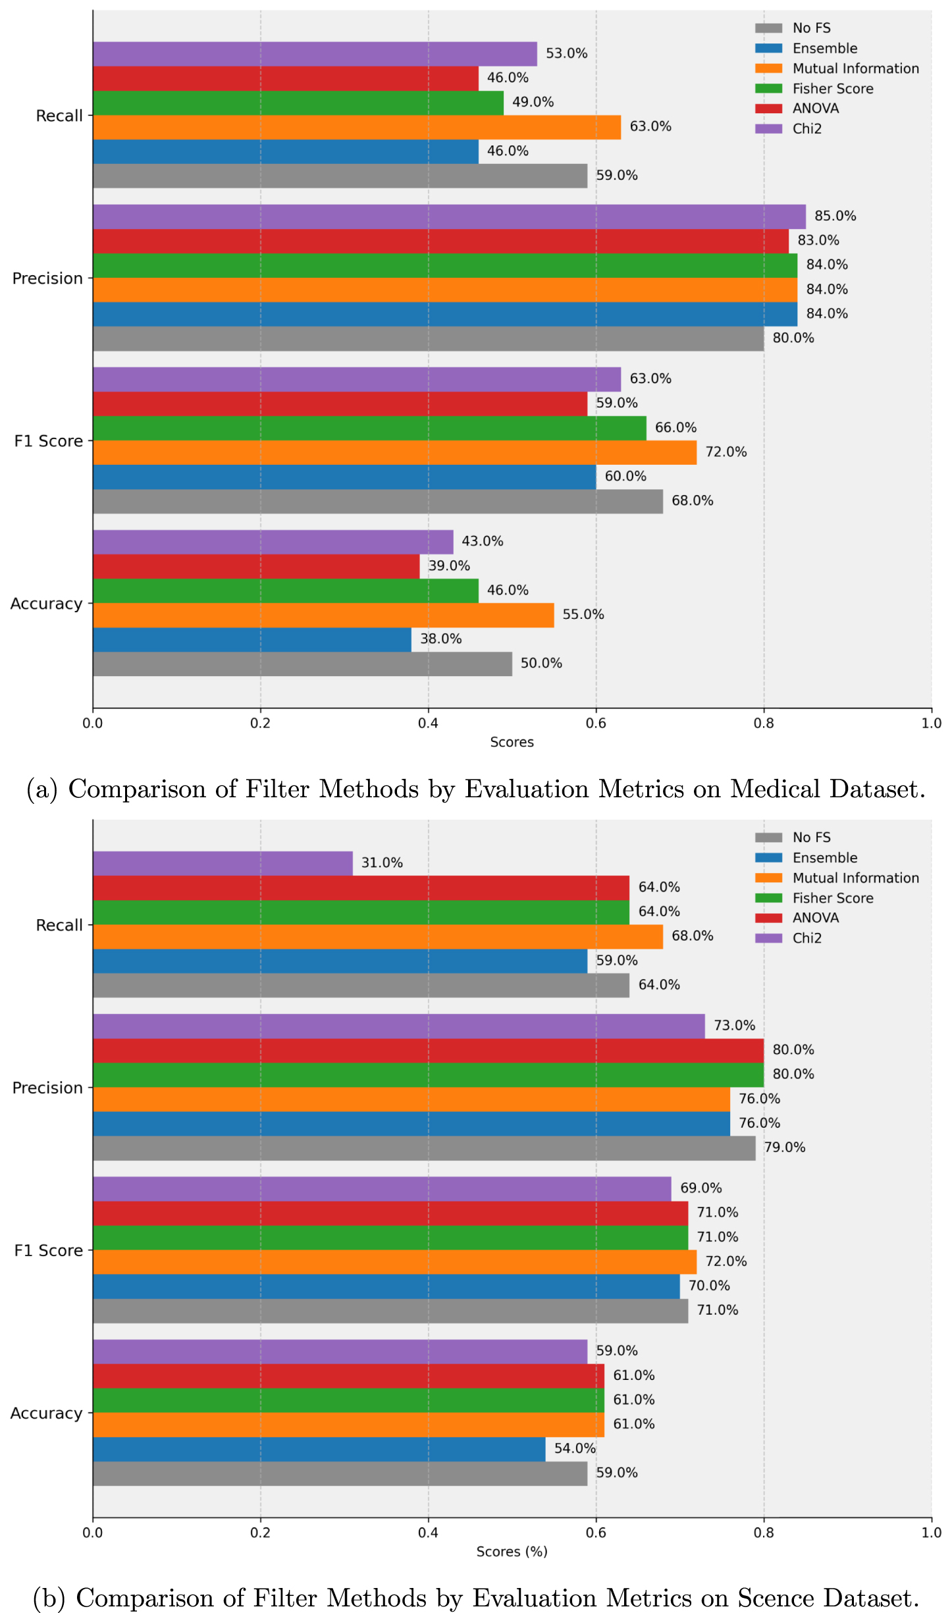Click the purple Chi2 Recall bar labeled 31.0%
tap(223, 863)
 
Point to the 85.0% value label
tap(835, 216)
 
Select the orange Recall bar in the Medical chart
tap(357, 127)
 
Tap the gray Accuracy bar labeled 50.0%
tap(302, 664)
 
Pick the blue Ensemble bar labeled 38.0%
tap(252, 639)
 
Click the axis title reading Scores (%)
tap(512, 1552)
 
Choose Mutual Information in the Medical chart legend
tap(855, 68)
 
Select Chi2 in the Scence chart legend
tap(807, 938)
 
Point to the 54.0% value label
tap(575, 1448)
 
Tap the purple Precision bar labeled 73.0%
tap(399, 1026)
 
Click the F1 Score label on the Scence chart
tap(49, 1250)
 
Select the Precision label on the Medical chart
tap(47, 278)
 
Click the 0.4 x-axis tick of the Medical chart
tap(428, 723)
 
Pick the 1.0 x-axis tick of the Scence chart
tap(932, 1533)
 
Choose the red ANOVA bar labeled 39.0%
tap(256, 566)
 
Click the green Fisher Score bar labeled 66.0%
tap(369, 428)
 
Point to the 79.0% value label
tap(785, 1148)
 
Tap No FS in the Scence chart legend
tap(812, 837)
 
